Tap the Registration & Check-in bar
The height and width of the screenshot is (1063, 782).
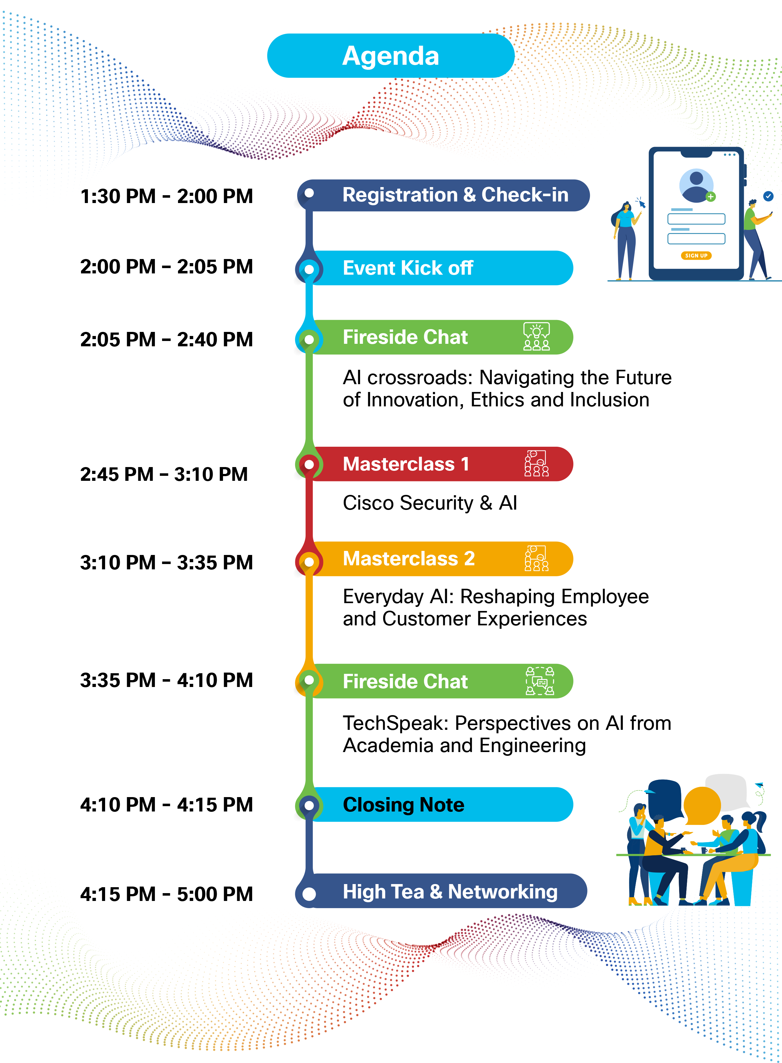pyautogui.click(x=444, y=195)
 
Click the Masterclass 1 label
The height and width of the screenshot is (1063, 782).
pyautogui.click(x=406, y=464)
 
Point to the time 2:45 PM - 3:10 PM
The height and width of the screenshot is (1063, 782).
pyautogui.click(x=164, y=474)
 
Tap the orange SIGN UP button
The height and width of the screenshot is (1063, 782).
pyautogui.click(x=696, y=256)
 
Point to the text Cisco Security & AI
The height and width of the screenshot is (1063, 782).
pyautogui.click(x=430, y=503)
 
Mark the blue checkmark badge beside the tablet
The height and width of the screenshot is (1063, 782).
pyautogui.click(x=768, y=196)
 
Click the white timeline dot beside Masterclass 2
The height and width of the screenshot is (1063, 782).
pyautogui.click(x=309, y=562)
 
